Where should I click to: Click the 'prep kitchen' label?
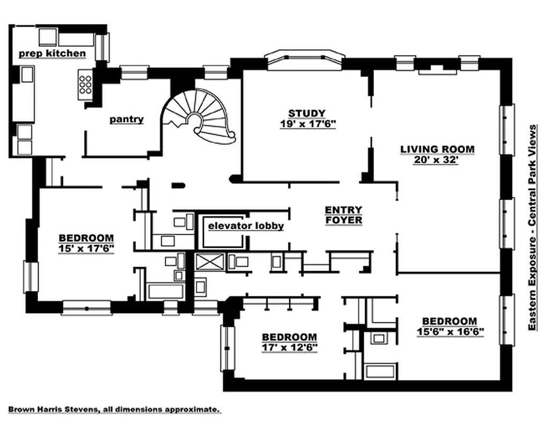pyautogui.click(x=52, y=53)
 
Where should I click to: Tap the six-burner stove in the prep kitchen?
pyautogui.click(x=85, y=85)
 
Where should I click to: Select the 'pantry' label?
pyautogui.click(x=126, y=119)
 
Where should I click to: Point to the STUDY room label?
pyautogui.click(x=307, y=113)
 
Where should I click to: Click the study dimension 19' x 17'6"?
pyautogui.click(x=307, y=124)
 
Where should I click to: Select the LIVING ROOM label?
pyautogui.click(x=437, y=149)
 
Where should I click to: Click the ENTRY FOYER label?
pyautogui.click(x=343, y=215)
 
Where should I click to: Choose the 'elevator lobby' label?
pyautogui.click(x=246, y=226)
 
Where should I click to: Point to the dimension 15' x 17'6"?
pyautogui.click(x=86, y=248)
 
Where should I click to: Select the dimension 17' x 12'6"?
pyautogui.click(x=289, y=347)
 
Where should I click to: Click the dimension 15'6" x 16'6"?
pyautogui.click(x=450, y=332)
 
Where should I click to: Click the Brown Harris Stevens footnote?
pyautogui.click(x=113, y=410)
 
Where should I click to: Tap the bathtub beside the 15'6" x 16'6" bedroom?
pyautogui.click(x=379, y=370)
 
